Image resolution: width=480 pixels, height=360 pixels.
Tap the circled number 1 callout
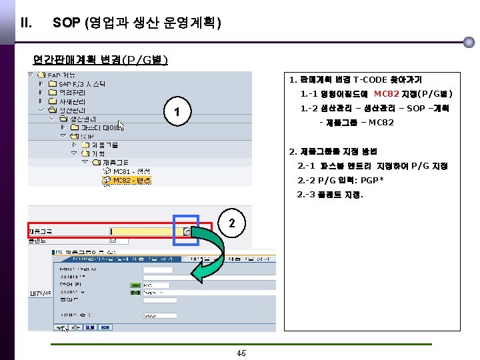[173, 111]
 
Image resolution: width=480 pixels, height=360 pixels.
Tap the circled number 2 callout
[231, 223]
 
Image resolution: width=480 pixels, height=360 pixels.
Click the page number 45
[241, 353]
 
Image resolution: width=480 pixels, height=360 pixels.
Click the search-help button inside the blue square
[187, 231]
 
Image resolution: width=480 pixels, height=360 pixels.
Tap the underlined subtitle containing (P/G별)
[101, 59]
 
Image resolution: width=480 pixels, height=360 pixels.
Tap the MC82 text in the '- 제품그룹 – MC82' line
[381, 123]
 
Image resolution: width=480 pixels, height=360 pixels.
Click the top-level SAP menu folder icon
[39, 75]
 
